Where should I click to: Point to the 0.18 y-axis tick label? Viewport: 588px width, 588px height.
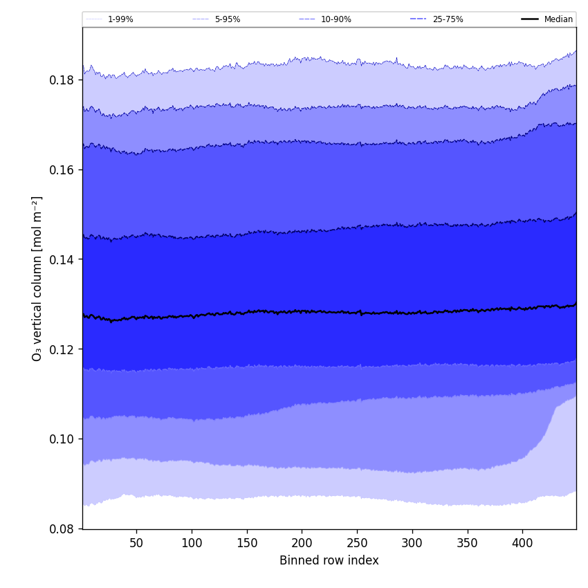(x=62, y=80)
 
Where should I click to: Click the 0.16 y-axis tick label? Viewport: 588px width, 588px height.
(x=62, y=169)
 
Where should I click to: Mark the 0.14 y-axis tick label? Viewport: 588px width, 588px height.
(x=62, y=259)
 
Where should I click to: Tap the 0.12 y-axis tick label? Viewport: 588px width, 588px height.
(x=62, y=349)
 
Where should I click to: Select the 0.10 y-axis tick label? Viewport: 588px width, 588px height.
(x=62, y=439)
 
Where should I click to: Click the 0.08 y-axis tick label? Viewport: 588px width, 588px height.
(x=62, y=529)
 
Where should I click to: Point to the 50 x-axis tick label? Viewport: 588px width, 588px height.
(x=136, y=542)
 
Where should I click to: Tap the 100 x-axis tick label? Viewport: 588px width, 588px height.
(x=192, y=542)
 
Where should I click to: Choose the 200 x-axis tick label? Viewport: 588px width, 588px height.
(x=302, y=542)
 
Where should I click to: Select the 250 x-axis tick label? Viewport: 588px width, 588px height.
(x=357, y=542)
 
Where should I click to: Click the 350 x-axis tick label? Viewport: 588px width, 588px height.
(x=468, y=542)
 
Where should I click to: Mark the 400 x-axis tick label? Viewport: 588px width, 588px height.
(x=522, y=542)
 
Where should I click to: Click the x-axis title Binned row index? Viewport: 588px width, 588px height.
(x=329, y=561)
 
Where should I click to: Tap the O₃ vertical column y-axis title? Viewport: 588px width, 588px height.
(x=37, y=278)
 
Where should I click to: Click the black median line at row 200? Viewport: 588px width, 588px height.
(x=302, y=311)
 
